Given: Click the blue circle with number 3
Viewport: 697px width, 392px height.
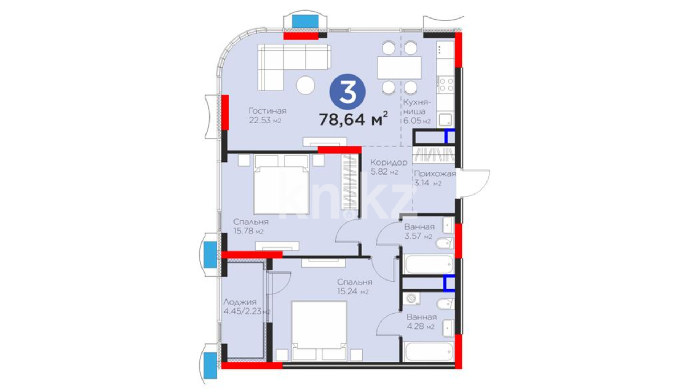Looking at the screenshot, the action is (347, 92).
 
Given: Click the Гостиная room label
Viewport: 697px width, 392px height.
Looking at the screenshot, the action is (268, 111).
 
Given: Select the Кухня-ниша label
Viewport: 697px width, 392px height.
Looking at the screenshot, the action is (416, 107).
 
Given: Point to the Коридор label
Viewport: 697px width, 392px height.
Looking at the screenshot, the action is (389, 163).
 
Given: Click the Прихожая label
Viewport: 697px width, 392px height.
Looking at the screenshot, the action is (435, 173).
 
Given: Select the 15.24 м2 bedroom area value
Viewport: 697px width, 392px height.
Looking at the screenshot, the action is (353, 291).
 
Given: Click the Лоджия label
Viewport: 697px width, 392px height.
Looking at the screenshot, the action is (240, 302).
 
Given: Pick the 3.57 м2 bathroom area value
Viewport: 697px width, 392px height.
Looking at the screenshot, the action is (418, 236).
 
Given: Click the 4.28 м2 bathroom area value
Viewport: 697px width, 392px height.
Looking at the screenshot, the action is (420, 326).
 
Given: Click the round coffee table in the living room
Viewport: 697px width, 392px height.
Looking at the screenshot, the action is (305, 86).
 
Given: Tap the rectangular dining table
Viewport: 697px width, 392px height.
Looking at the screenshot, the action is (399, 68).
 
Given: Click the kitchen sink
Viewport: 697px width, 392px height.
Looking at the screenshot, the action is (445, 119).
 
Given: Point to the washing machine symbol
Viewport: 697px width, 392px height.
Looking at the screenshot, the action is (411, 298).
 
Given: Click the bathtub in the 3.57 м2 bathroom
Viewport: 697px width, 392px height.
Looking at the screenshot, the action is (428, 264).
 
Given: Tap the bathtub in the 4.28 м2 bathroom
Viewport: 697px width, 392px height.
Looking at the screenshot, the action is (428, 351).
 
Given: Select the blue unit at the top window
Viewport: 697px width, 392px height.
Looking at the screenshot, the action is (305, 21).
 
